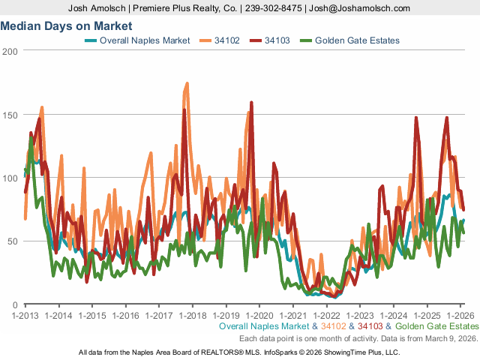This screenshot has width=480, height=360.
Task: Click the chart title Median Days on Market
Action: pyautogui.click(x=56, y=25)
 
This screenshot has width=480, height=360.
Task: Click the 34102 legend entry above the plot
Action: pyautogui.click(x=224, y=40)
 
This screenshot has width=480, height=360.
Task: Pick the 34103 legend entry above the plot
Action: pyautogui.click(x=277, y=40)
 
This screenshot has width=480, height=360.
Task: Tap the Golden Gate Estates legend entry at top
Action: pyautogui.click(x=357, y=40)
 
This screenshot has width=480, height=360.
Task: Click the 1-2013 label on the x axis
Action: pyautogui.click(x=25, y=315)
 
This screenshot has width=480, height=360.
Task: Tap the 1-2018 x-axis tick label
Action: pyautogui.click(x=193, y=315)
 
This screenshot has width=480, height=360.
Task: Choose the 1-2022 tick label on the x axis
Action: pyautogui.click(x=326, y=315)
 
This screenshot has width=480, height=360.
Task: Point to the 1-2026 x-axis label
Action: pyautogui.click(x=460, y=315)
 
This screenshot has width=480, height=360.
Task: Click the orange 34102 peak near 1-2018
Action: pyautogui.click(x=186, y=83)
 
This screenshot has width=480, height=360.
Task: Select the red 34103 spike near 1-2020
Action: pyautogui.click(x=251, y=103)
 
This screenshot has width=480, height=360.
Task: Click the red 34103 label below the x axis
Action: pyautogui.click(x=371, y=327)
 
